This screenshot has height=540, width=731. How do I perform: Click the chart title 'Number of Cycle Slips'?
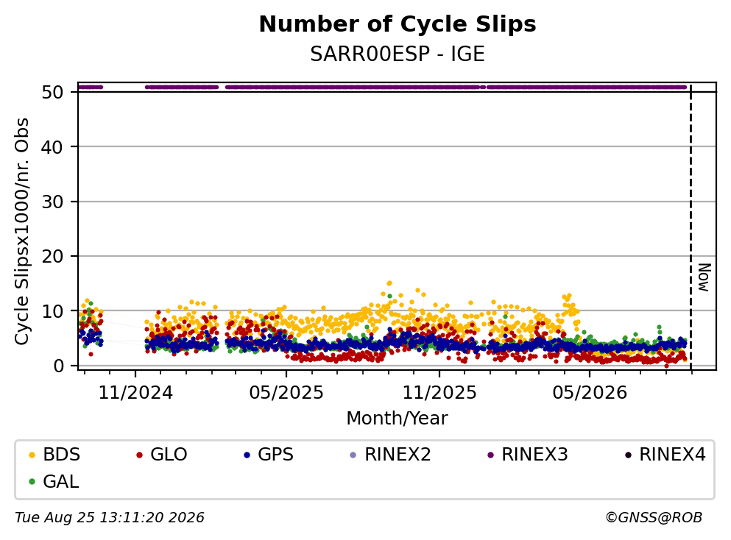coord(398,24)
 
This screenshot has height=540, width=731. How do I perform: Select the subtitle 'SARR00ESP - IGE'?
coord(398,54)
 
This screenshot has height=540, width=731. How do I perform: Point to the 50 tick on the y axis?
coord(52,92)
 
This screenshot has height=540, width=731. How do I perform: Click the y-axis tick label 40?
coord(52,147)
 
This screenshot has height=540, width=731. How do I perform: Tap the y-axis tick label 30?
coord(52,202)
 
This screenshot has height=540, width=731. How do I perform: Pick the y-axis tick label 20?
coord(52,256)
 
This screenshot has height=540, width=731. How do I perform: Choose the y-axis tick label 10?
coord(52,311)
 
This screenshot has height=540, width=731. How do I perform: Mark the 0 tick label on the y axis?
coord(58,366)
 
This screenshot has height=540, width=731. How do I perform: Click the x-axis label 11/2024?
coord(135,393)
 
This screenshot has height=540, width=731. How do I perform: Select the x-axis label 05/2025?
coord(286,393)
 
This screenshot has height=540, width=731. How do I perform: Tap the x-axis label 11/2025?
coord(439,393)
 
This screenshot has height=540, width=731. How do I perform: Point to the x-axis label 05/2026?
coord(590,393)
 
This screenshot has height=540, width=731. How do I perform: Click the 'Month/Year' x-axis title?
coord(397,419)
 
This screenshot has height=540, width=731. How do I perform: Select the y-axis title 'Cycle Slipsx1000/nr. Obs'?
coord(21,232)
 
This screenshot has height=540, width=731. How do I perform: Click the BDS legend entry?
coord(54,454)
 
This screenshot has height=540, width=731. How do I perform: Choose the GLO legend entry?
coord(161,454)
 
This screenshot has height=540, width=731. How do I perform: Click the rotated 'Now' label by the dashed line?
coord(704,277)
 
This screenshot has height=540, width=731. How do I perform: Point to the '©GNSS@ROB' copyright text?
coord(654,517)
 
